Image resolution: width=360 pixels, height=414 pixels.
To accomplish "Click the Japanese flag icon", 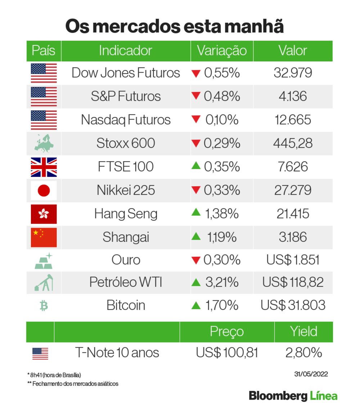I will pyautogui.click(x=44, y=190).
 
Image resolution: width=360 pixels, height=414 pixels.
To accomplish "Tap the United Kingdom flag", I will pyautogui.click(x=44, y=167).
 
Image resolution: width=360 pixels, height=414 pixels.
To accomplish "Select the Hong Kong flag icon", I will pyautogui.click(x=44, y=214).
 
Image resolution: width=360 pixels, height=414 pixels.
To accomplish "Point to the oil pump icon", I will pyautogui.click(x=44, y=282).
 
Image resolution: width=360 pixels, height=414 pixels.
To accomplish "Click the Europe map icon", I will pyautogui.click(x=44, y=144).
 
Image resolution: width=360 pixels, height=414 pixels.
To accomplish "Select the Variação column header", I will pyautogui.click(x=222, y=51).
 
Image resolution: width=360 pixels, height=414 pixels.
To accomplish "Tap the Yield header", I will pyautogui.click(x=303, y=332).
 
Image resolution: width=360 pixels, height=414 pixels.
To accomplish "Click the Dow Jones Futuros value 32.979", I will pyautogui.click(x=293, y=73).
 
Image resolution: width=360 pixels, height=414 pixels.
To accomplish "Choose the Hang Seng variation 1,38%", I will pyautogui.click(x=221, y=214).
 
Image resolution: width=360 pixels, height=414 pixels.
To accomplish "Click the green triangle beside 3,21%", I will pyautogui.click(x=196, y=283).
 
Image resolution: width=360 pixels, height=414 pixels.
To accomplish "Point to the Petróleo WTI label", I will pyautogui.click(x=126, y=282).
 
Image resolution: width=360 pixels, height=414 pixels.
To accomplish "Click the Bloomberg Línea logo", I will pyautogui.click(x=293, y=396).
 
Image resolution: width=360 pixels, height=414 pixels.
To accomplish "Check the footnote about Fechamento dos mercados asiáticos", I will pyautogui.click(x=73, y=384).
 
